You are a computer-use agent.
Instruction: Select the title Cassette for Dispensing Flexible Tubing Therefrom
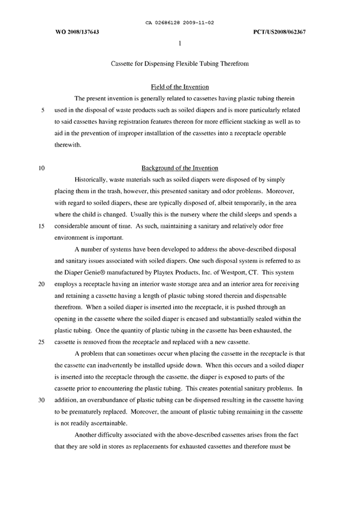pos(179,65)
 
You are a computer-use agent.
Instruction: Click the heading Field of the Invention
pos(179,87)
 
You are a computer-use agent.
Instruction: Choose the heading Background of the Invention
pos(179,167)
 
